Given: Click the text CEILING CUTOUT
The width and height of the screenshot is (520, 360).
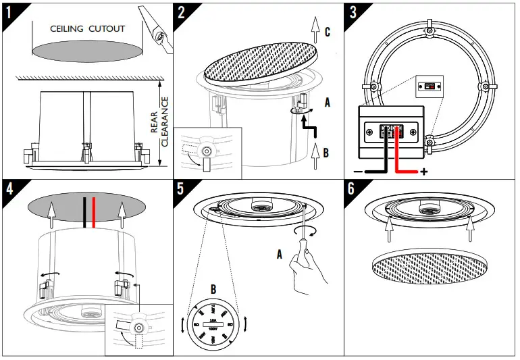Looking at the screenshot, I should [x=88, y=29].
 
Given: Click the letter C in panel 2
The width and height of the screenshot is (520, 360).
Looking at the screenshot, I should [x=328, y=32].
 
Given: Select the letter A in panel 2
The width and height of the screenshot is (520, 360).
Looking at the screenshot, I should [x=328, y=103].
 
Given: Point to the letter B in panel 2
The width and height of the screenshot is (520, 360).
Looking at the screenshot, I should [x=326, y=153].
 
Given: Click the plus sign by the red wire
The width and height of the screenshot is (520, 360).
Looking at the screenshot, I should [x=424, y=172].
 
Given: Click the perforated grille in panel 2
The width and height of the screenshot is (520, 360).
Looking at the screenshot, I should [x=261, y=62].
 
